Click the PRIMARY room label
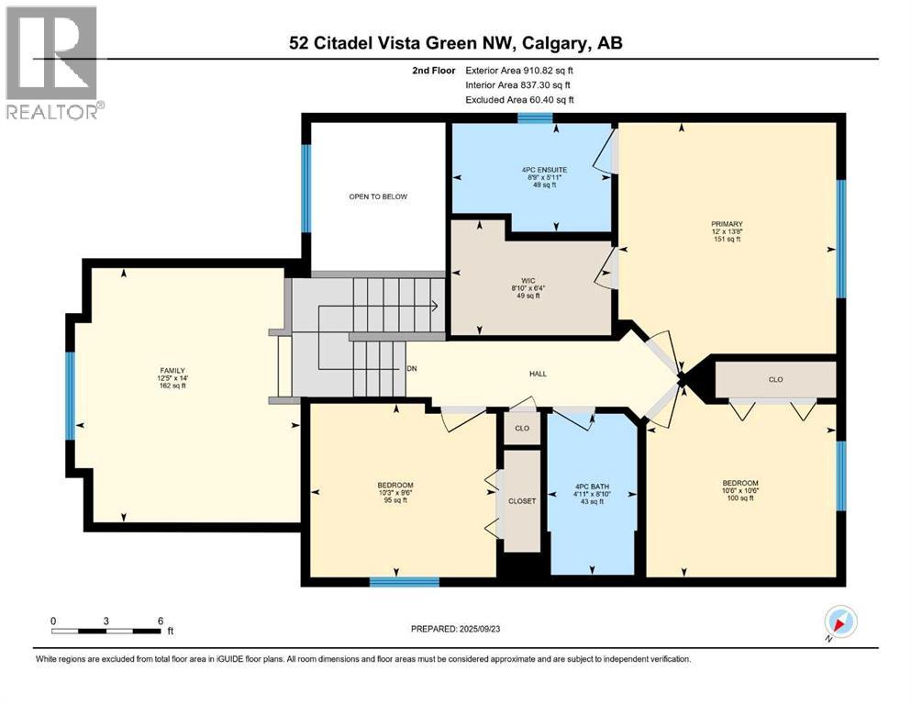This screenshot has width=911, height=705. point(726,223)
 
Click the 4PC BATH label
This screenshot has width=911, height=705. point(593,487)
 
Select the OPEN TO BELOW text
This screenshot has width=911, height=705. point(377,196)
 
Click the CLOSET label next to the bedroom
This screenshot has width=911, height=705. point(522,501)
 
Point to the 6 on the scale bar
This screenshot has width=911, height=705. point(160,621)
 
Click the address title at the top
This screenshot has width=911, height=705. point(455,43)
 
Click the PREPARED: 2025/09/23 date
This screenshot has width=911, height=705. point(455,629)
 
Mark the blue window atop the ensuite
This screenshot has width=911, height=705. point(534,117)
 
